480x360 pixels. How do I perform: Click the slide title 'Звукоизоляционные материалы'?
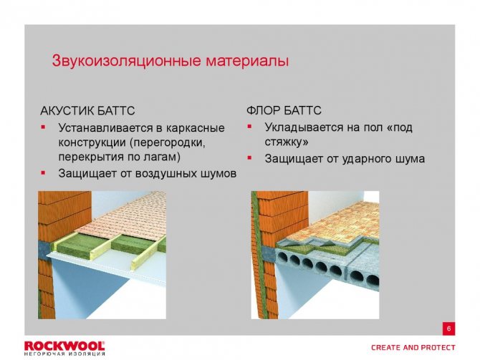pos(170,61)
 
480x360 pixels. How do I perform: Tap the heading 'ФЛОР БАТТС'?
pos(284,111)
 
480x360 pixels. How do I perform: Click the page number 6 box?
pos(448,329)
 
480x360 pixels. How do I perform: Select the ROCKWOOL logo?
pos(64,345)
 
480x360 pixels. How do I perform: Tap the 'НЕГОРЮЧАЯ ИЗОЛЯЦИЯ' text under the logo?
pos(64,354)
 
